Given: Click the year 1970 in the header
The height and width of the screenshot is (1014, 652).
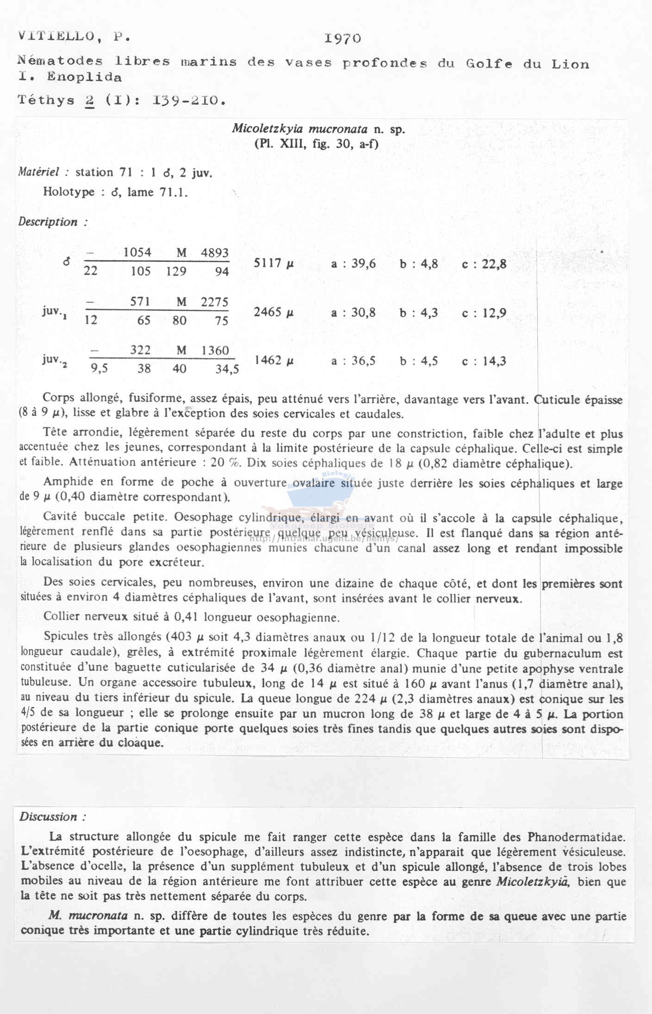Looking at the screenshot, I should pyautogui.click(x=343, y=38).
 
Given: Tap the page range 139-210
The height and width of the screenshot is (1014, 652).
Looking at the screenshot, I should pyautogui.click(x=189, y=100).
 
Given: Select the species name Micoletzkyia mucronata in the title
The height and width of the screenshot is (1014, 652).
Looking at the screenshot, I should pyautogui.click(x=300, y=129).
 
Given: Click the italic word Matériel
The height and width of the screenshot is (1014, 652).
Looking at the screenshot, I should pyautogui.click(x=43, y=172).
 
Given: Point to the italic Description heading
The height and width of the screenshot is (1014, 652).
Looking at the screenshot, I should pyautogui.click(x=48, y=222).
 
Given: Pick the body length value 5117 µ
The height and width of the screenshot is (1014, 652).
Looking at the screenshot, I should pyautogui.click(x=274, y=264).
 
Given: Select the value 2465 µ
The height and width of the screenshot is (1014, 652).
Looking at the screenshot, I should pyautogui.click(x=274, y=312).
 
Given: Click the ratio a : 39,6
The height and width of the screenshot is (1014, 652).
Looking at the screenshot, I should pyautogui.click(x=353, y=264).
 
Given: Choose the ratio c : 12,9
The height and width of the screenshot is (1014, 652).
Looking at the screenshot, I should pyautogui.click(x=484, y=313).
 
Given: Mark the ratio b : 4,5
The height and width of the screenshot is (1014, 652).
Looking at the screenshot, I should pyautogui.click(x=419, y=361).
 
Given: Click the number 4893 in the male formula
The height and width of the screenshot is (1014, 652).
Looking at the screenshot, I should pyautogui.click(x=215, y=253).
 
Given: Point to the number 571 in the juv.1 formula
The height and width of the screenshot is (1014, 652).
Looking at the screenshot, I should pyautogui.click(x=140, y=302).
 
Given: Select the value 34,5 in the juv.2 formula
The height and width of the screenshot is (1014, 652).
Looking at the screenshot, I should pyautogui.click(x=227, y=369).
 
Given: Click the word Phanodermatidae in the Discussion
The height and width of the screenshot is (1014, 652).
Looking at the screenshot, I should pyautogui.click(x=577, y=837).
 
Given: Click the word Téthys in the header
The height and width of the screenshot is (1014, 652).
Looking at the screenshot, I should pyautogui.click(x=46, y=100).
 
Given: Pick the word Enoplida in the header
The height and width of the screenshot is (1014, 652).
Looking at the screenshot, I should pyautogui.click(x=85, y=77).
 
